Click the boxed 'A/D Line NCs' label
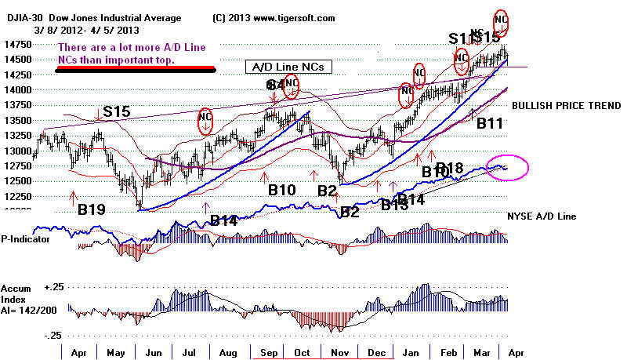(286, 67)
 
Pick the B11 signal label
(490, 123)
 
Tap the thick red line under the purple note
(135, 70)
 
